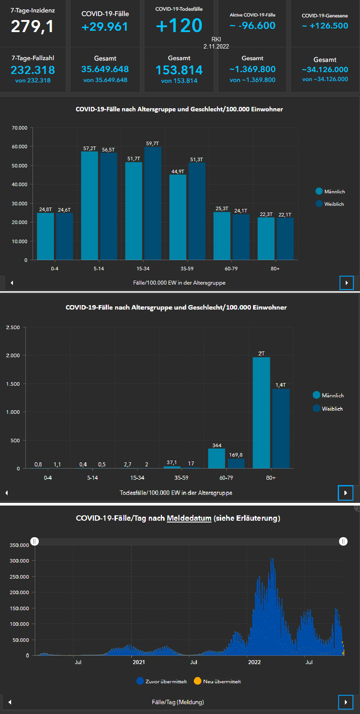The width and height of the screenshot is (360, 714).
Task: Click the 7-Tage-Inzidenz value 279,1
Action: pyautogui.click(x=32, y=27)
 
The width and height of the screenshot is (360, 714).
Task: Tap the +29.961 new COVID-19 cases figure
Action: pyautogui.click(x=105, y=27)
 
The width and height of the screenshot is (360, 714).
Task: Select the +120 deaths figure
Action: pyautogui.click(x=179, y=26)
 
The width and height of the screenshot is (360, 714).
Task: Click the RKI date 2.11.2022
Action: pyautogui.click(x=216, y=46)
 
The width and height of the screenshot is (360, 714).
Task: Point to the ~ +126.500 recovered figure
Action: pyautogui.click(x=325, y=26)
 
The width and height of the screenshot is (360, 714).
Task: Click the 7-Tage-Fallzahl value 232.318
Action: pyautogui.click(x=33, y=70)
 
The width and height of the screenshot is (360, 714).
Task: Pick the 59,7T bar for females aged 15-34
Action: pyautogui.click(x=152, y=203)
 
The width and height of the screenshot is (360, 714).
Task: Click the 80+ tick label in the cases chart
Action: pyautogui.click(x=275, y=269)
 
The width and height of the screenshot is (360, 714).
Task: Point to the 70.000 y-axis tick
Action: pyautogui.click(x=20, y=128)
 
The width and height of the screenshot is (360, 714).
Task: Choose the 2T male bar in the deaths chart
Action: pyautogui.click(x=261, y=412)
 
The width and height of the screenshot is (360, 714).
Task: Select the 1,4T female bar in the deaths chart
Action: pyautogui.click(x=281, y=428)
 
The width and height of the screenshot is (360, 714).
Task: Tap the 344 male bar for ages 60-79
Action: pyautogui.click(x=217, y=458)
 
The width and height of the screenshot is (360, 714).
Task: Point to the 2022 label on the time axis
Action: pyautogui.click(x=254, y=662)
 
